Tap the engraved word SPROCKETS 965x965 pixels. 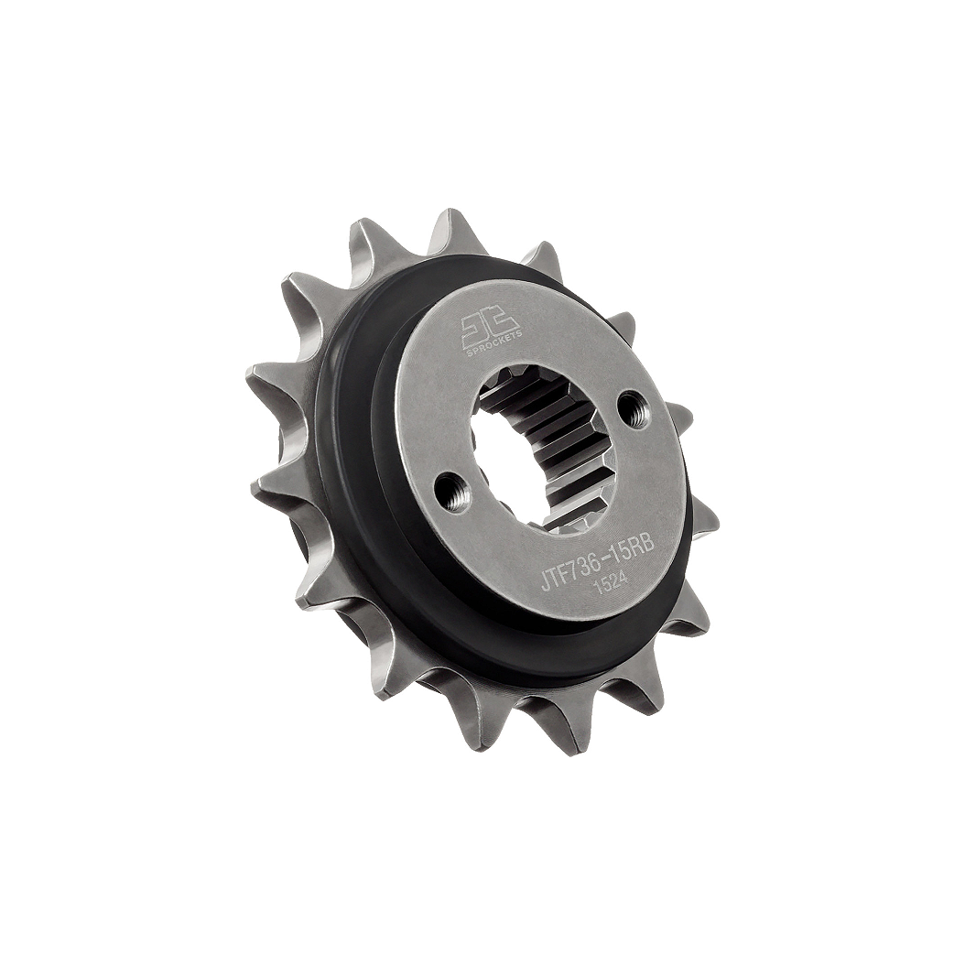coord(493,343)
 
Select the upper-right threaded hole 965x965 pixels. coord(634,408)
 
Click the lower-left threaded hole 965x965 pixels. coord(452,493)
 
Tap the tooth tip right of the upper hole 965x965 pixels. coord(682,417)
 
